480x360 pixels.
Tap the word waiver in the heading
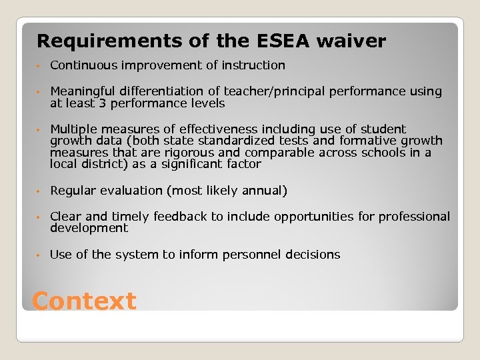pos(351,41)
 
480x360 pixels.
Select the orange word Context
pos(84,301)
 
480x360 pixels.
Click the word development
pos(89,228)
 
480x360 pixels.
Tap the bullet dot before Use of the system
pos(40,255)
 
